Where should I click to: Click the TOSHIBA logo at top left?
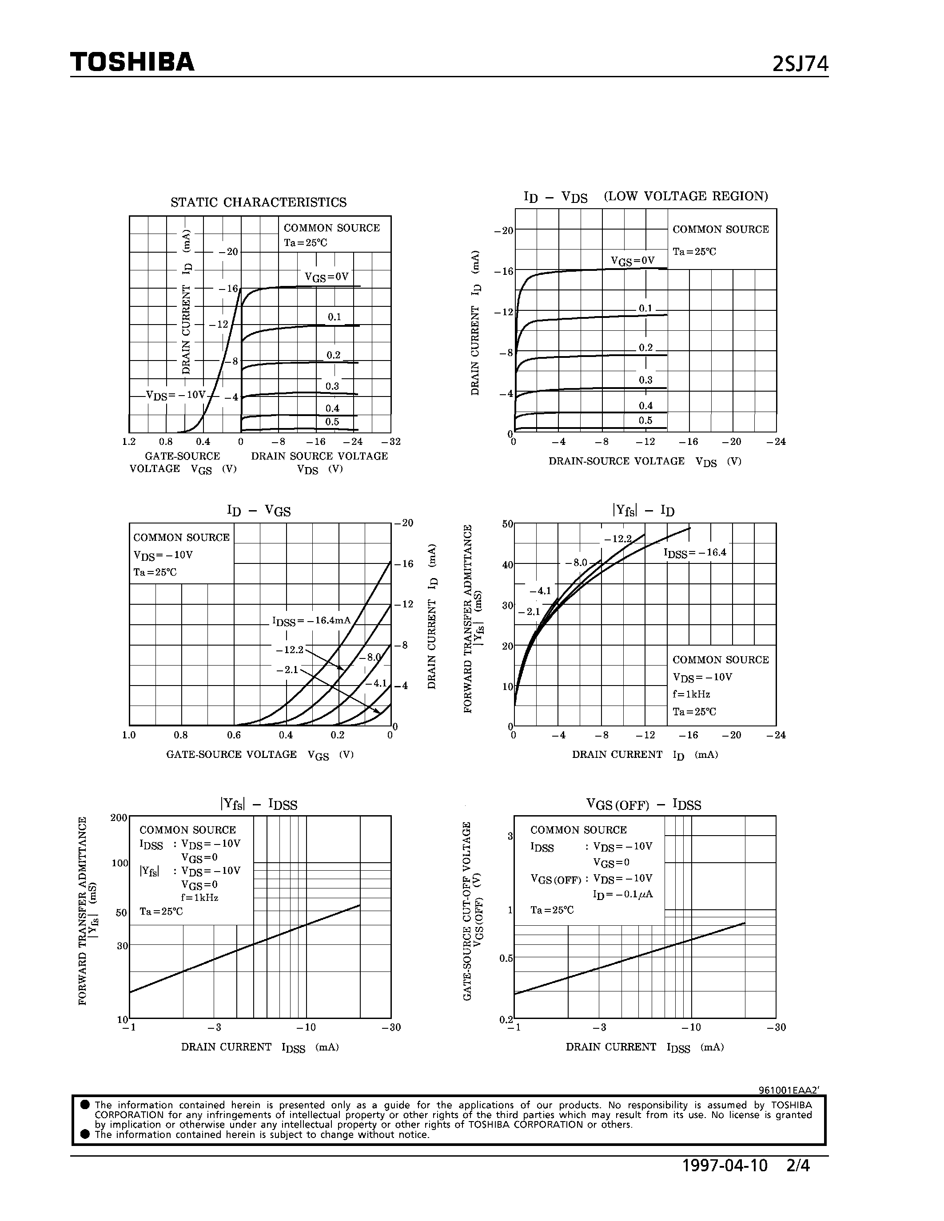(x=132, y=62)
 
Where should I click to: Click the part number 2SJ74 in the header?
(x=800, y=65)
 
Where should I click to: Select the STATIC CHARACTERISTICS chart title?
(x=259, y=202)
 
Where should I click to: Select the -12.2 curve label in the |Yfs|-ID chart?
(x=618, y=539)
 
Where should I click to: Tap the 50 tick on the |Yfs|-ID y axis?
(x=507, y=524)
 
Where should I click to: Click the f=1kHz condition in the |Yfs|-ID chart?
(x=691, y=694)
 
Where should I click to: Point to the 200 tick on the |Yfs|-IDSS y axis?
(x=119, y=818)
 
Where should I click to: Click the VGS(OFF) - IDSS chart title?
(x=643, y=805)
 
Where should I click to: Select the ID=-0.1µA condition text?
(x=622, y=894)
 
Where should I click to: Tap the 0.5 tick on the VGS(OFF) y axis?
(x=506, y=958)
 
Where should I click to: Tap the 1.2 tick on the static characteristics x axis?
(x=129, y=442)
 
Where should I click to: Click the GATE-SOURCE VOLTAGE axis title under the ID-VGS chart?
(x=231, y=754)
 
